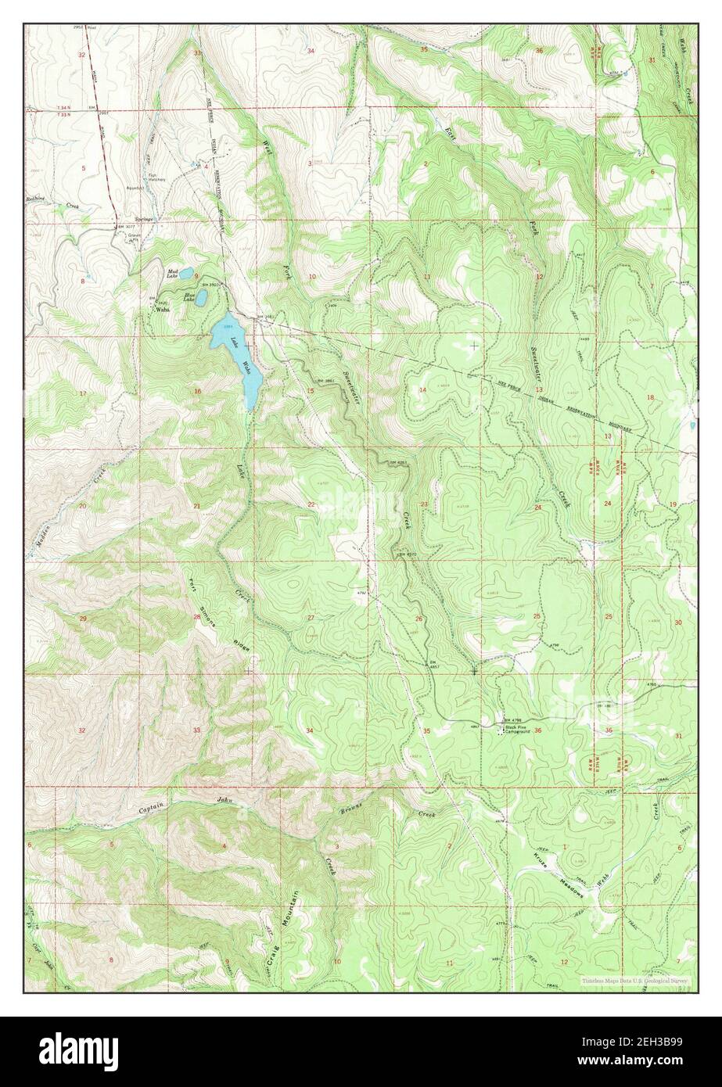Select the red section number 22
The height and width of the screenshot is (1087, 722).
[311, 504]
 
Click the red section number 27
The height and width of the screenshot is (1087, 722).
[311, 618]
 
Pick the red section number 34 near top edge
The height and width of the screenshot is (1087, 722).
[311, 51]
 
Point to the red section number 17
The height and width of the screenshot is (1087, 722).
[82, 393]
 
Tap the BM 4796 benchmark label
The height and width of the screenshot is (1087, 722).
[512, 719]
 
